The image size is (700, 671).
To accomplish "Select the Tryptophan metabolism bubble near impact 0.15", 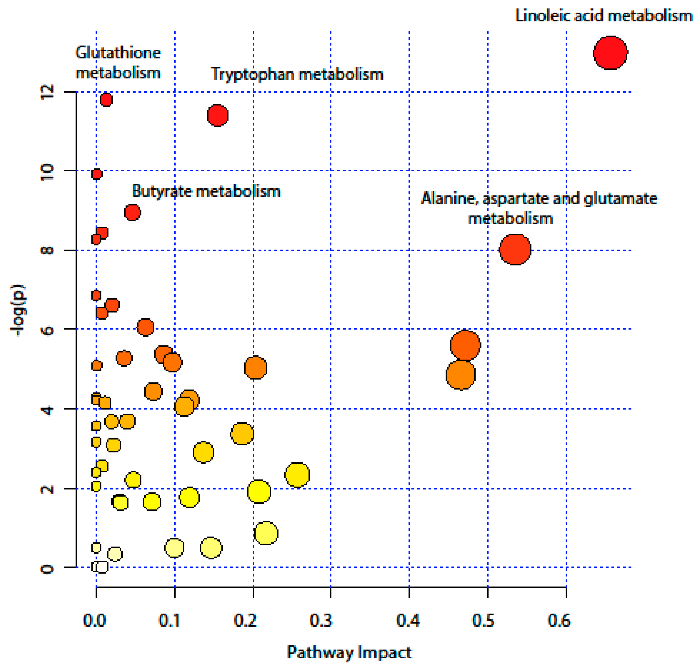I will pyautogui.click(x=217, y=115).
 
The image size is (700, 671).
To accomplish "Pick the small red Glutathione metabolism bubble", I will pyautogui.click(x=106, y=100).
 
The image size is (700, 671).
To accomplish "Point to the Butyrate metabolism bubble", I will pyautogui.click(x=133, y=212).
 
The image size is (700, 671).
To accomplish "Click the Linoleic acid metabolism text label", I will pyautogui.click(x=604, y=16).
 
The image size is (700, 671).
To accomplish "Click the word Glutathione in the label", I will pyautogui.click(x=118, y=53).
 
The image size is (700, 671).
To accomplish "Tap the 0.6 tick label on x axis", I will pyautogui.click(x=559, y=621).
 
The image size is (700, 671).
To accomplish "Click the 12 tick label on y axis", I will pyautogui.click(x=47, y=92).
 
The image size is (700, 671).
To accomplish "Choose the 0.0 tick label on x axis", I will pyautogui.click(x=94, y=621).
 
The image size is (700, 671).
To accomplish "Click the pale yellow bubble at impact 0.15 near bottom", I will pyautogui.click(x=211, y=547).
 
